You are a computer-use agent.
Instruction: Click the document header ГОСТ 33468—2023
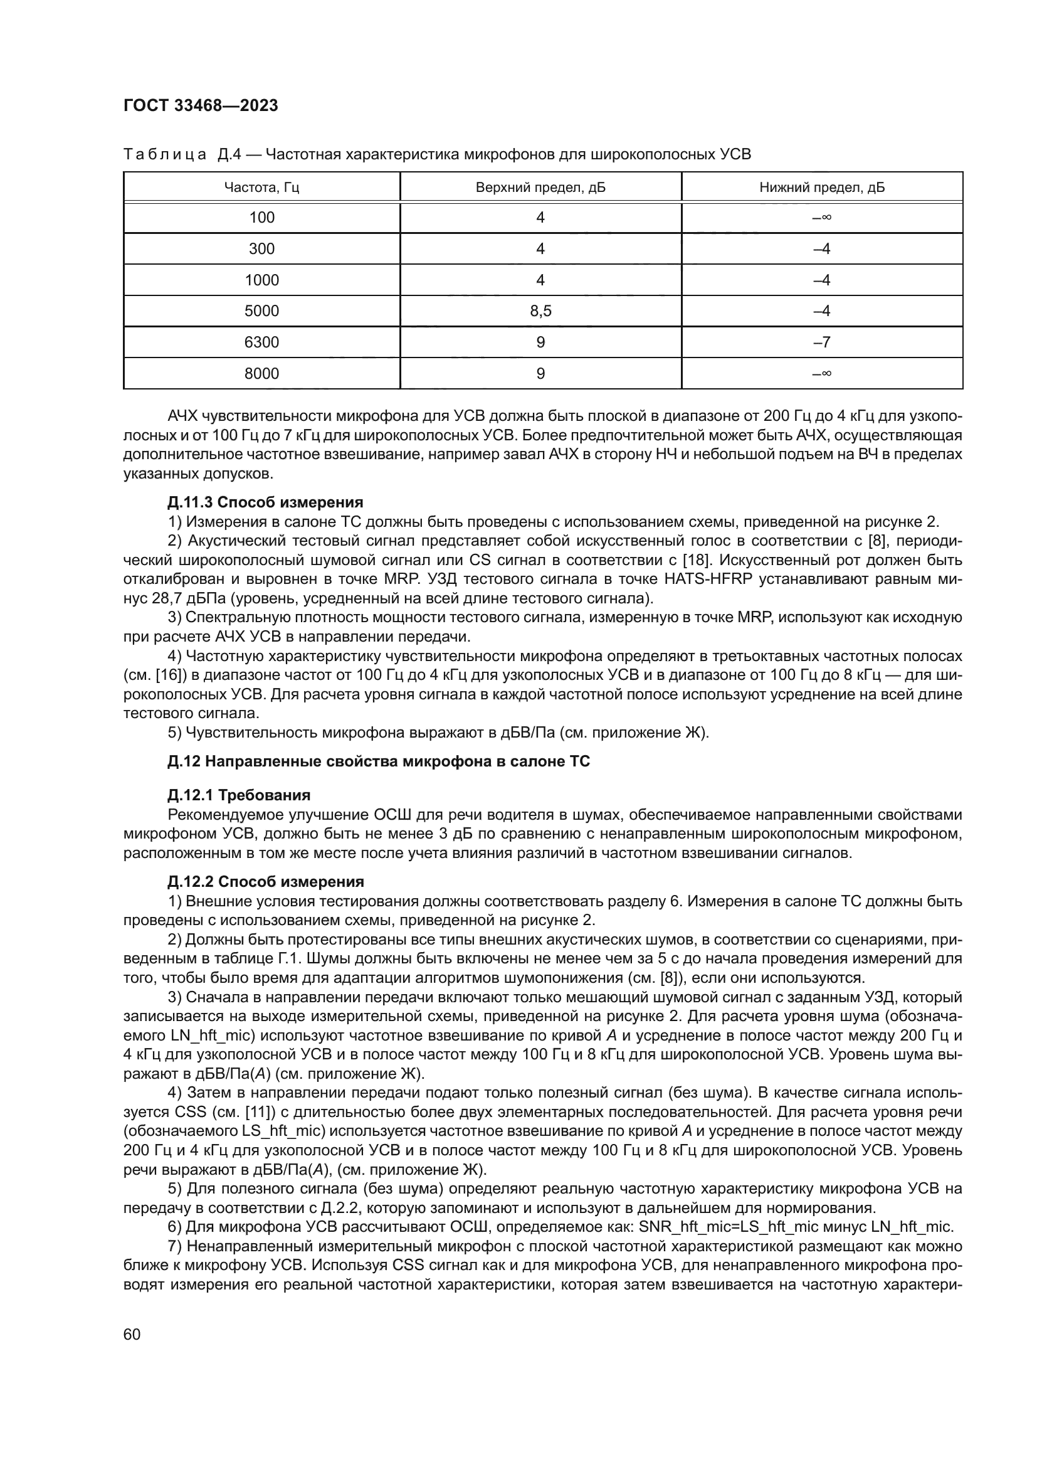coord(201,106)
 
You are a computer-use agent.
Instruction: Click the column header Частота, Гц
coord(261,188)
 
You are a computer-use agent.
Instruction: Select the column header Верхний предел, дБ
coord(540,188)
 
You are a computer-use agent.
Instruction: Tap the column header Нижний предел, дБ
coord(822,188)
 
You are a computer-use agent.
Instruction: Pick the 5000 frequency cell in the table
coord(261,311)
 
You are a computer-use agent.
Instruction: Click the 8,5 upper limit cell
coord(540,311)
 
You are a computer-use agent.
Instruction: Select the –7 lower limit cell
coord(822,342)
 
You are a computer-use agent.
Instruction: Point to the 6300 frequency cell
coord(261,342)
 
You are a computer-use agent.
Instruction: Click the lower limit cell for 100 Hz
coord(822,218)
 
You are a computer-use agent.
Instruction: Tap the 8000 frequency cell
coord(261,374)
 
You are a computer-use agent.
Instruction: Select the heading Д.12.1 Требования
coord(239,795)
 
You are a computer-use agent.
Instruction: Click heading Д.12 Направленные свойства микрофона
coord(379,761)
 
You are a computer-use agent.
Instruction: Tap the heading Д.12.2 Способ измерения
coord(266,882)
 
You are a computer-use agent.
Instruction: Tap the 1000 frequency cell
coord(261,280)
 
